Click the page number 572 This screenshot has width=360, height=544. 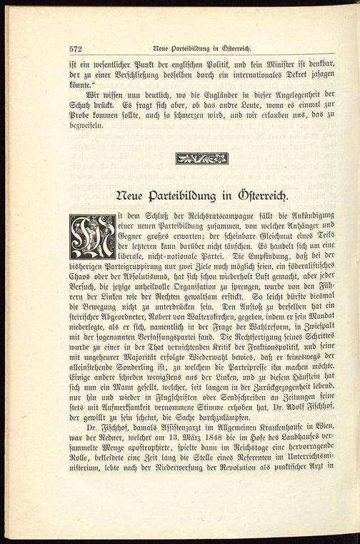click(76, 49)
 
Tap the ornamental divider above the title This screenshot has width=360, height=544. click(201, 158)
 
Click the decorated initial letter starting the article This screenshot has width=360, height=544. click(92, 237)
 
